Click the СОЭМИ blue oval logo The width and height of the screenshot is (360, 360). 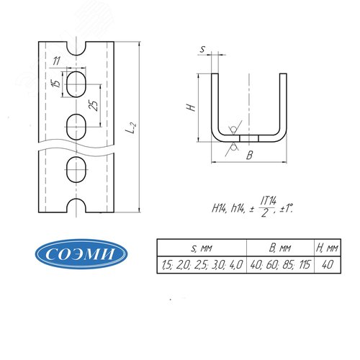[81, 253]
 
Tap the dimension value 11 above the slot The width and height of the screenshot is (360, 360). [57, 61]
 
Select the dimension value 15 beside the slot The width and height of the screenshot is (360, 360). [57, 83]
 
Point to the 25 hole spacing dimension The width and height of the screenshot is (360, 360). [94, 105]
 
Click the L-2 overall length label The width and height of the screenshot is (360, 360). [131, 127]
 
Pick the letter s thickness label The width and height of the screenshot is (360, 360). [203, 49]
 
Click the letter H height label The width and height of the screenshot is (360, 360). [192, 107]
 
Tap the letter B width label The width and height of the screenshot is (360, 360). [250, 156]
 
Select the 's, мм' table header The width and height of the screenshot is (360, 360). [202, 248]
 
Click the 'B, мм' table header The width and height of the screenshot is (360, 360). [280, 248]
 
